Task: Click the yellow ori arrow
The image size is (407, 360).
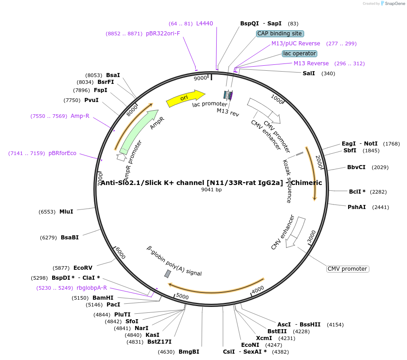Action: [x=185, y=98]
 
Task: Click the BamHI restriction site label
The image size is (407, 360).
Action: [x=103, y=298]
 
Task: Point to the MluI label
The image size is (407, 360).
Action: [x=66, y=211]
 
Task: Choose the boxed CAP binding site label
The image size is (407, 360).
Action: [x=280, y=34]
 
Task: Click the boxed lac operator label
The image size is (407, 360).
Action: [x=299, y=54]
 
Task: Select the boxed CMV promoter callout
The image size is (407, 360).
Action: [x=348, y=269]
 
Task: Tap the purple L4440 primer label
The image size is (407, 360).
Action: [x=204, y=24]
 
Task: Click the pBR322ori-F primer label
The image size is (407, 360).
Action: [x=163, y=34]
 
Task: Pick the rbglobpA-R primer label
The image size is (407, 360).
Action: [x=92, y=287]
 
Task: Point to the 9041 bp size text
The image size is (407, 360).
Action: [x=211, y=190]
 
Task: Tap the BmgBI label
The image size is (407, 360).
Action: [x=189, y=351]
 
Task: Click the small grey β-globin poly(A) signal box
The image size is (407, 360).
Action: [x=168, y=274]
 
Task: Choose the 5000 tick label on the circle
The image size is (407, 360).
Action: [x=182, y=296]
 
